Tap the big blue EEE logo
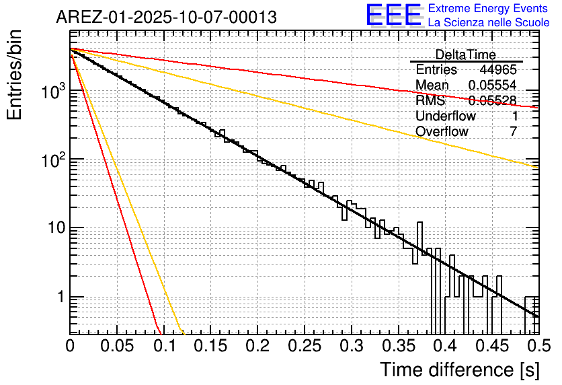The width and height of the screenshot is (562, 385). [x=394, y=15]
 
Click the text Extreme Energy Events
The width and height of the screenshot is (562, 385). [x=489, y=9]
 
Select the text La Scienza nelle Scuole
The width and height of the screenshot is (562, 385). [x=489, y=22]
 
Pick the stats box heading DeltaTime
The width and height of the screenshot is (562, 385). [x=465, y=55]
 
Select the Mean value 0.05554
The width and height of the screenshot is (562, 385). [x=492, y=85]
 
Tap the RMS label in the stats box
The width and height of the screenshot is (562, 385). [x=430, y=101]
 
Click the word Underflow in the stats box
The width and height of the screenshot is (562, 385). [x=446, y=116]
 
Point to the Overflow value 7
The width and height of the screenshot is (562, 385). [x=513, y=132]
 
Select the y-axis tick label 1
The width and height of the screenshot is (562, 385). [x=60, y=297]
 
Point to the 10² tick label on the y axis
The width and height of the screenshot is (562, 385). [x=52, y=159]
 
